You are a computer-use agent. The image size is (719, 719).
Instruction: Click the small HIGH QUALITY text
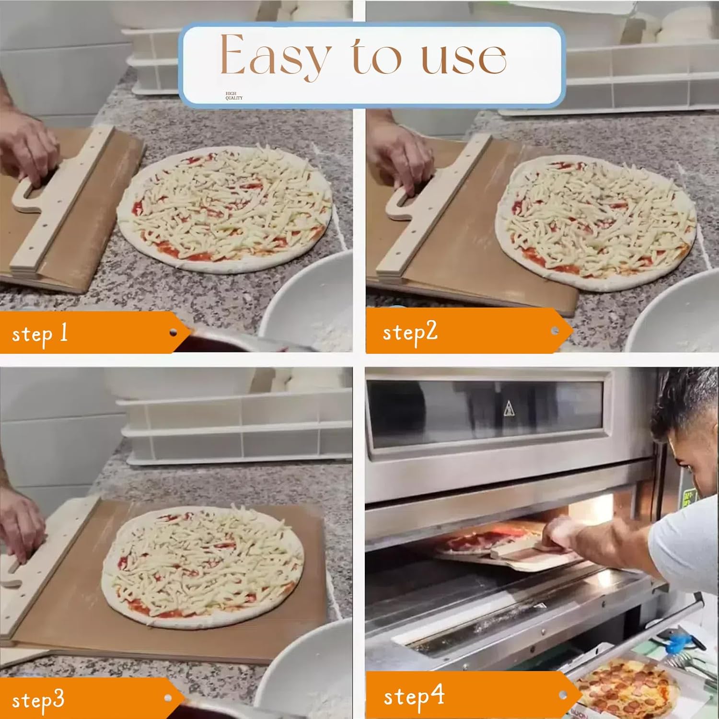234,96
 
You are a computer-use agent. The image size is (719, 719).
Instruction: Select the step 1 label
40,334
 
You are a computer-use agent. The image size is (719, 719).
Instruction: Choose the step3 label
38,700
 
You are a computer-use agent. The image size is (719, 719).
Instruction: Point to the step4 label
414,697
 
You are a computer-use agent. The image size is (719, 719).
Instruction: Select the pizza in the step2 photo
596,222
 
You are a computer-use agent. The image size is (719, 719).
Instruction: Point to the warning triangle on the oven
509,409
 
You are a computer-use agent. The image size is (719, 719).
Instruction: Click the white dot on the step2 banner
555,330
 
